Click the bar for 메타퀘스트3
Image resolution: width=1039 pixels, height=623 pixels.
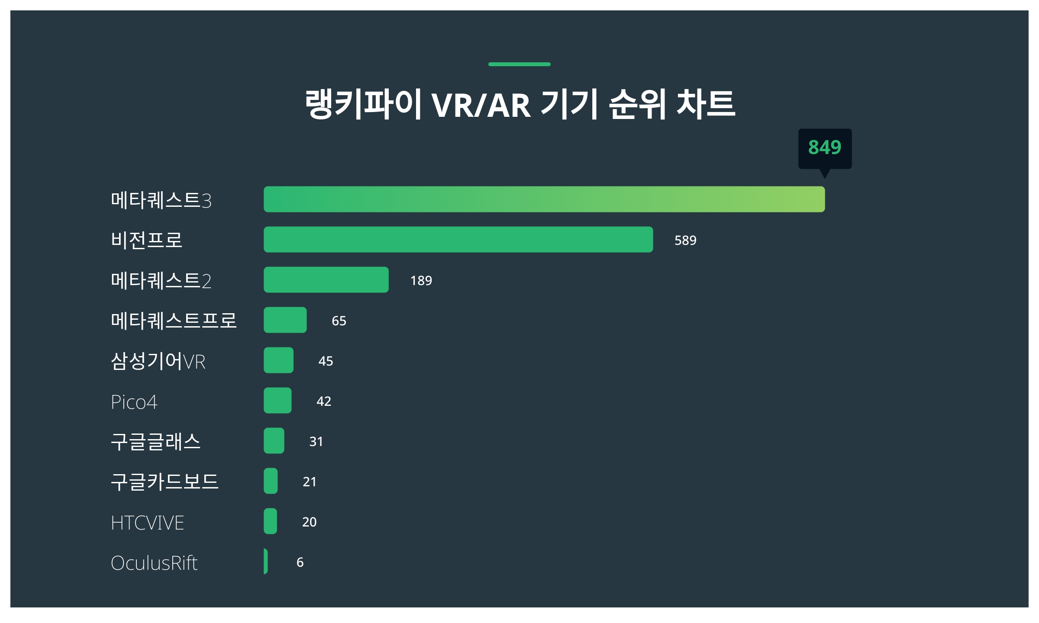[x=544, y=199]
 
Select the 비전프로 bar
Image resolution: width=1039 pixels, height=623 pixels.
[x=458, y=240]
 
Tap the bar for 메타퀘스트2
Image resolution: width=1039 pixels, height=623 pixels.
[x=326, y=280]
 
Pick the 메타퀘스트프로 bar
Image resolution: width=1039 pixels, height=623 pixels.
[x=285, y=320]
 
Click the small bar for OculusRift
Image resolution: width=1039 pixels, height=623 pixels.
[x=266, y=562]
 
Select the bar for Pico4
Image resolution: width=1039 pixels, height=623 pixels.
[x=277, y=401]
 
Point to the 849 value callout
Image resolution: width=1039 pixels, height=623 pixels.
[x=825, y=148]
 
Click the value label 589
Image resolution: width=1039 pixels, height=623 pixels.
[x=685, y=241]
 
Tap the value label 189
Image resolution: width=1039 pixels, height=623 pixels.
[x=421, y=281]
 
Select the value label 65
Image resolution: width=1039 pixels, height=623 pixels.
[x=339, y=321]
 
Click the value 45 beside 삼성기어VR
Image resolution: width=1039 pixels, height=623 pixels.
[x=326, y=361]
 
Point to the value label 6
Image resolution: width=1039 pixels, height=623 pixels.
[x=300, y=562]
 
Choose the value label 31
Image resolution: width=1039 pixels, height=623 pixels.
[x=316, y=442]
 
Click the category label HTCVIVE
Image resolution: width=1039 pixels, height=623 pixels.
[x=148, y=523]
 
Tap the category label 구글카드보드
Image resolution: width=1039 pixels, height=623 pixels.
[x=165, y=482]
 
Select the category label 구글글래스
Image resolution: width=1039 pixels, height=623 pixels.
[x=156, y=442]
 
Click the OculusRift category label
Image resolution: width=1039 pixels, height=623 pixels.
[x=154, y=563]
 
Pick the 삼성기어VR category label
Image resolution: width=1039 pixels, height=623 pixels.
[x=158, y=361]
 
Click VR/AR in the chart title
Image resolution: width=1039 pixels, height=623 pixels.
[x=481, y=105]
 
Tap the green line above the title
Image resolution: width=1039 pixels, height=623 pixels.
[x=519, y=64]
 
